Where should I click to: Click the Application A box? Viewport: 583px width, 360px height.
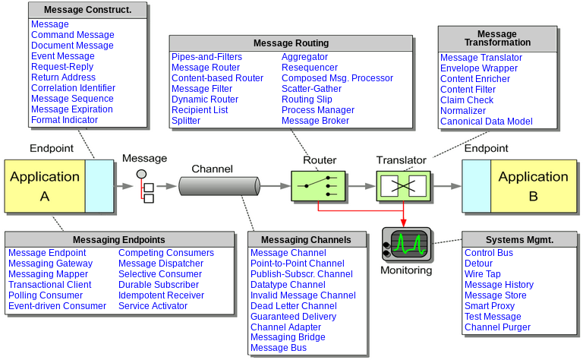45,186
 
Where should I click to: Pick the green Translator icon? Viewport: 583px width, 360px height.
403,185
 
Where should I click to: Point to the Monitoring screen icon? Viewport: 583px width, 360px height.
407,245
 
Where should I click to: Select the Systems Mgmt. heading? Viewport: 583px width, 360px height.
519,240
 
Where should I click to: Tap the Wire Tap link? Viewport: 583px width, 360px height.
483,274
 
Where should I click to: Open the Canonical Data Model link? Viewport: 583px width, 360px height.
487,122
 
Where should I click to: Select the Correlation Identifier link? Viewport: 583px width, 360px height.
74,88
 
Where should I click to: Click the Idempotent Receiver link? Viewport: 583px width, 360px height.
161,295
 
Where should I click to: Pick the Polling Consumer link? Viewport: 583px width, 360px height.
46,295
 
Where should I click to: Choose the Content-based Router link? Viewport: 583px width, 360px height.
217,78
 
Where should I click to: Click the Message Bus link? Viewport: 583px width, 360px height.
279,348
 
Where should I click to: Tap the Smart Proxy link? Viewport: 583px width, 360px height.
490,306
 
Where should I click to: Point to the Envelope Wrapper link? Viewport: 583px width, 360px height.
479,68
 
